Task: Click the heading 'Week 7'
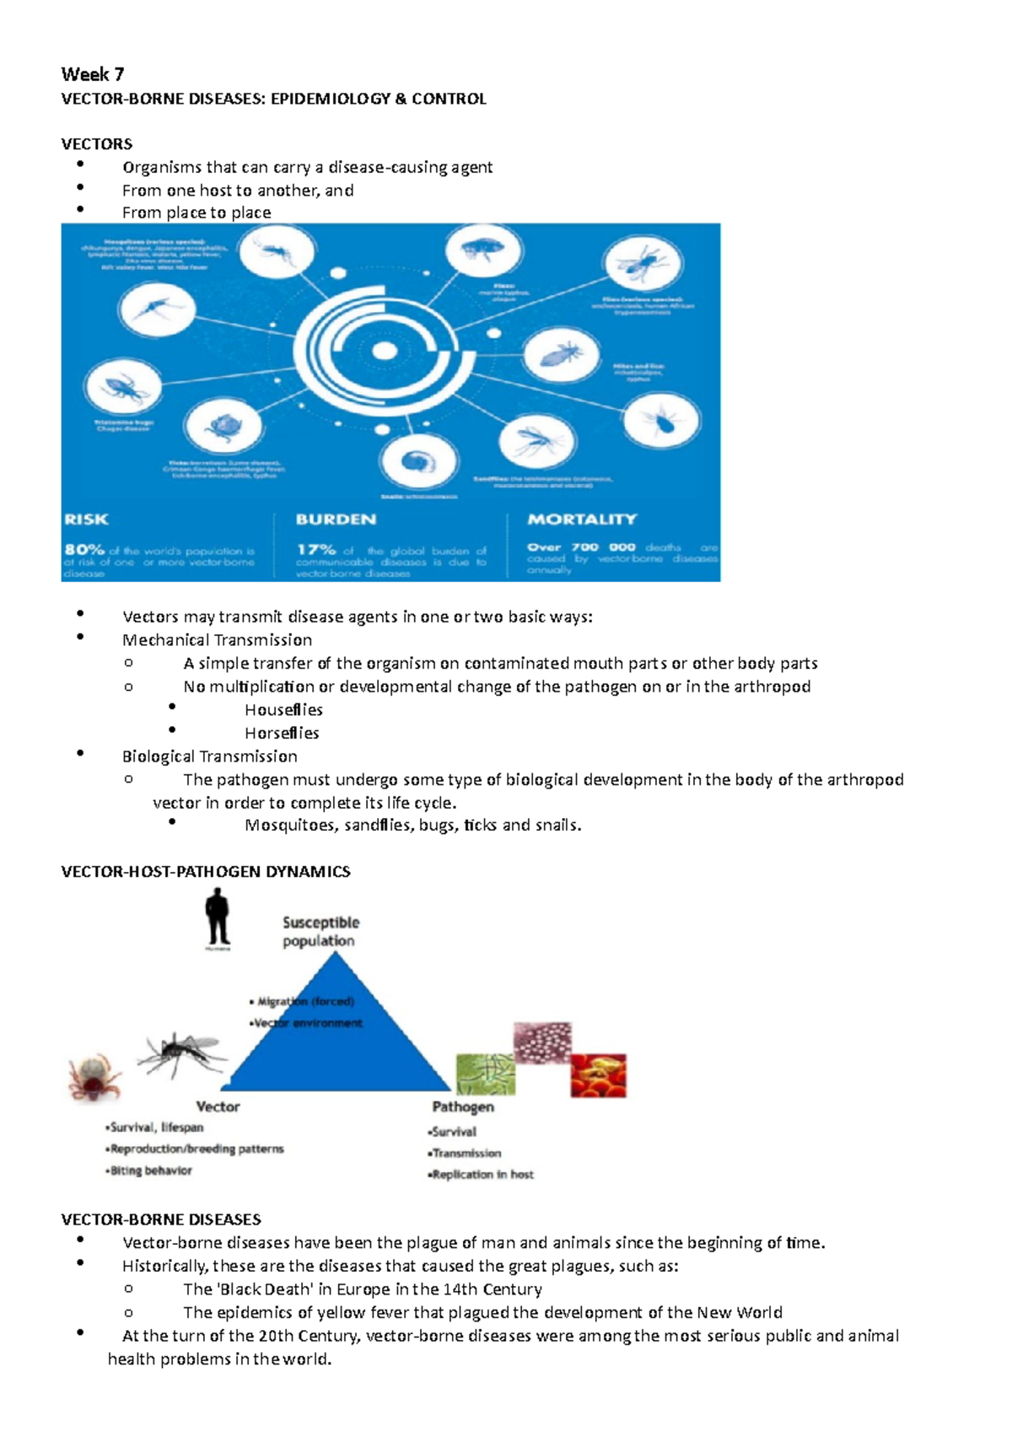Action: (x=93, y=74)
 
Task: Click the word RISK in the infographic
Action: (x=87, y=520)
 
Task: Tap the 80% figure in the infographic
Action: (x=84, y=550)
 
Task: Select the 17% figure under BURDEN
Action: (x=316, y=550)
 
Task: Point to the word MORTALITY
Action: (x=582, y=520)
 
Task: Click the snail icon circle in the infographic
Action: (x=419, y=461)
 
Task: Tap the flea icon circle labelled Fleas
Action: (x=485, y=250)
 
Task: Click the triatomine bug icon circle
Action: (x=124, y=388)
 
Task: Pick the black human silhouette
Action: (x=218, y=919)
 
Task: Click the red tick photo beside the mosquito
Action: (x=94, y=1077)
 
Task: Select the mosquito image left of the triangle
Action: (x=181, y=1053)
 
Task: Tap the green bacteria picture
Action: (x=486, y=1074)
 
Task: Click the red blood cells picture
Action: (x=598, y=1075)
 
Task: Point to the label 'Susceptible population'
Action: (x=320, y=932)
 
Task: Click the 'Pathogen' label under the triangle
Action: (x=463, y=1106)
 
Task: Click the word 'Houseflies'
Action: (x=283, y=710)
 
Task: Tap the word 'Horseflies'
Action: (x=282, y=733)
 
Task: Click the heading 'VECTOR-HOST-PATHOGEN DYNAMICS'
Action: (x=206, y=872)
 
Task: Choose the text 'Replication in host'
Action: (x=482, y=1174)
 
